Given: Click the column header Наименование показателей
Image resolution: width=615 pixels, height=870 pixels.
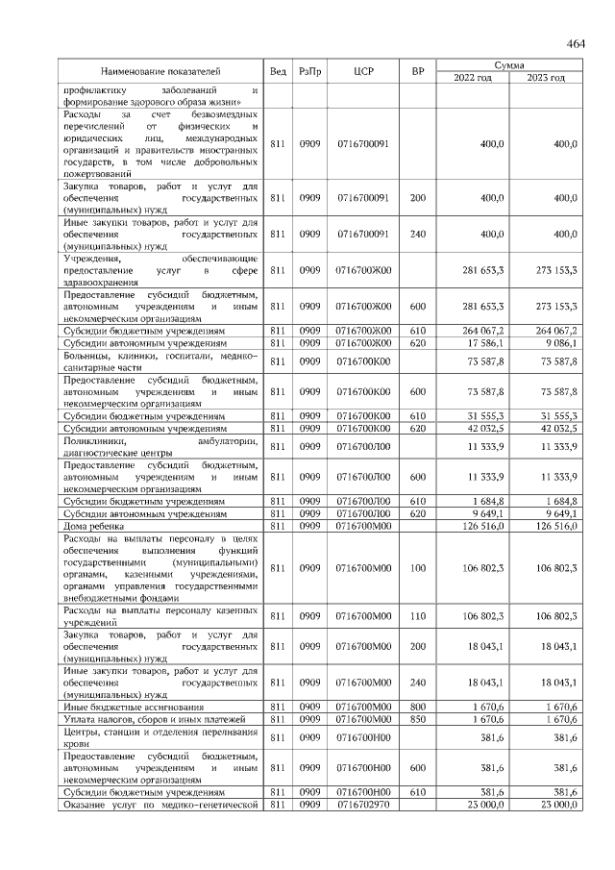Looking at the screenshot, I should click(160, 70).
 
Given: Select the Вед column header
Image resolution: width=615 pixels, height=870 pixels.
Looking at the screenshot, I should click(278, 70).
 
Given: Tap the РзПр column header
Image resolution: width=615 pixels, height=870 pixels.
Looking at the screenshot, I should click(309, 70).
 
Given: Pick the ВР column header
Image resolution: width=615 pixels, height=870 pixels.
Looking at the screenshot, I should click(417, 70).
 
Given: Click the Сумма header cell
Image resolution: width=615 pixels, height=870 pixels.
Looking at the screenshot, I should click(508, 63).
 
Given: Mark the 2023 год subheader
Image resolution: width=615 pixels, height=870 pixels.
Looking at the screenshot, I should click(545, 77).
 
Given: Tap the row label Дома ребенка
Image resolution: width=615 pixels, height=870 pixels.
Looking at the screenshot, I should click(92, 525).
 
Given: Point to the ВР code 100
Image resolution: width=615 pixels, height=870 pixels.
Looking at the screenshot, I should click(417, 568).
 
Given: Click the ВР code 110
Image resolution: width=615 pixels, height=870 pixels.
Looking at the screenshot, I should click(417, 616).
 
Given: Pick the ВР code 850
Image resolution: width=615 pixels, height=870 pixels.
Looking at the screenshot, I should click(417, 719).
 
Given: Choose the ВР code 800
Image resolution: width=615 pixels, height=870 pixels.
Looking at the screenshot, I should click(417, 708).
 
